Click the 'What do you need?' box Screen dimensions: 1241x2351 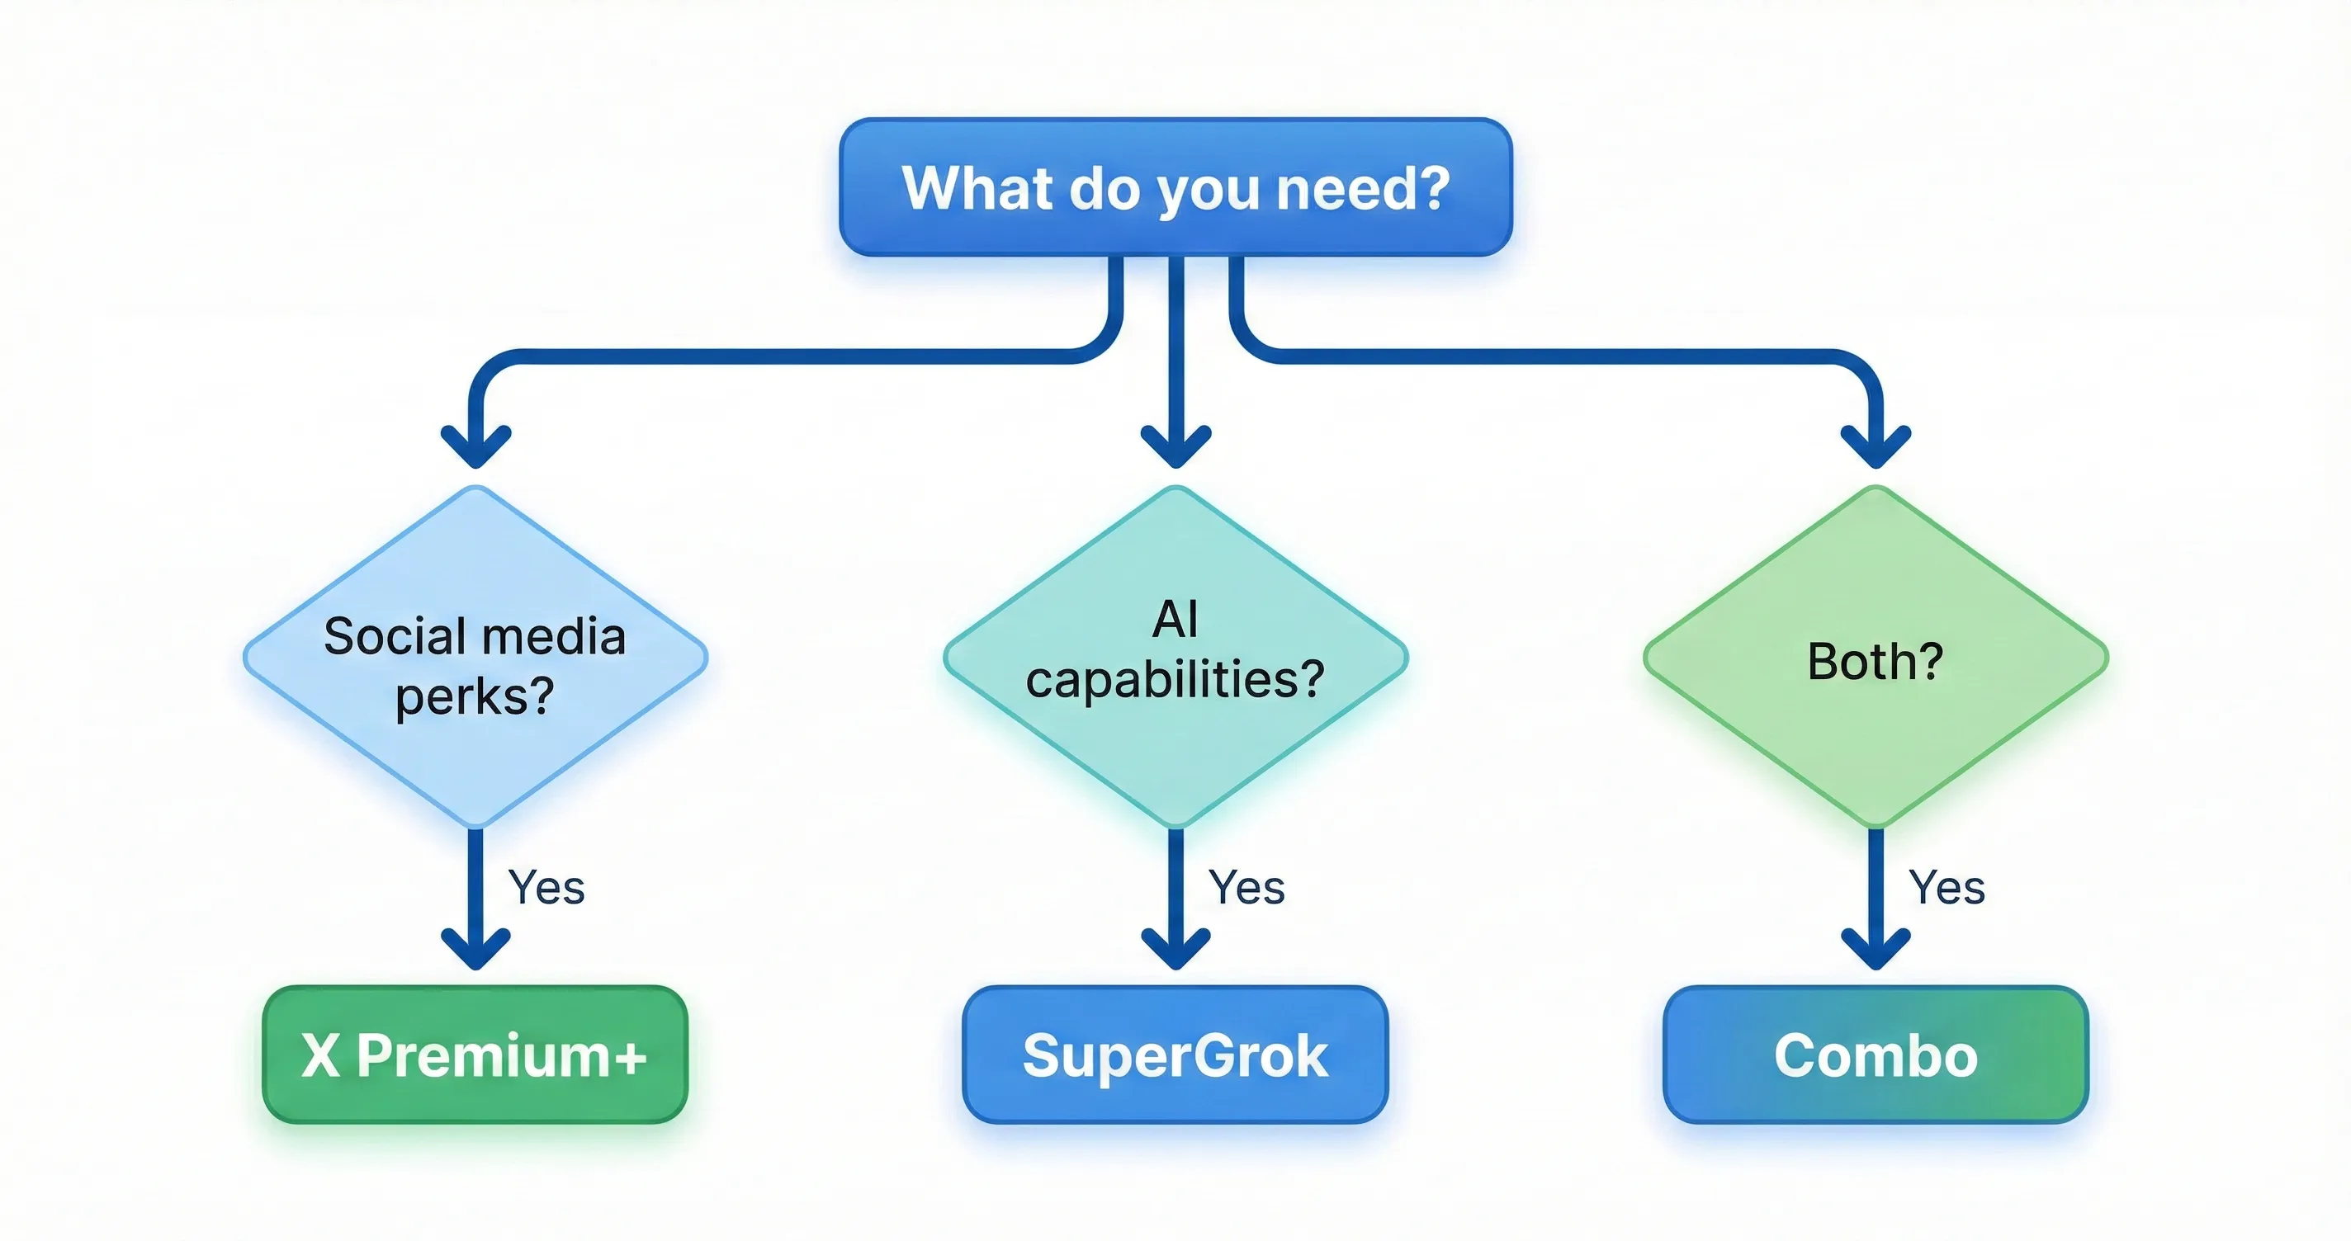click(1175, 187)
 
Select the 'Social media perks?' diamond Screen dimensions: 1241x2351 click(475, 657)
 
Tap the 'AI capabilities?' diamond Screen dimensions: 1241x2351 click(1175, 657)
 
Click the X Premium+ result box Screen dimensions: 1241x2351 click(475, 1055)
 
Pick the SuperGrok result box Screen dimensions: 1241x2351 click(1175, 1055)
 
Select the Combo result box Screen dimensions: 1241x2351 click(1876, 1055)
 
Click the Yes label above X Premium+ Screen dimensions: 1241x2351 click(546, 887)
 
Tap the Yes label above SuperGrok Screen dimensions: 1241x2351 click(1246, 887)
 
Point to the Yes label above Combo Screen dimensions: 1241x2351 click(1947, 887)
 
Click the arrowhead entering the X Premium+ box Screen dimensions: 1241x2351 click(475, 951)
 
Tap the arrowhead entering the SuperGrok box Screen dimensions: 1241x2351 click(1175, 951)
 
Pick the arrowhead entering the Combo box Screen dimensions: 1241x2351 click(1876, 951)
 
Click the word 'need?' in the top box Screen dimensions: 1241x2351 click(1362, 188)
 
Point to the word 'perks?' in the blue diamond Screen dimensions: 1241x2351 click(475, 697)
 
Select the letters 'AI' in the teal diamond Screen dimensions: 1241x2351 click(1175, 620)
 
